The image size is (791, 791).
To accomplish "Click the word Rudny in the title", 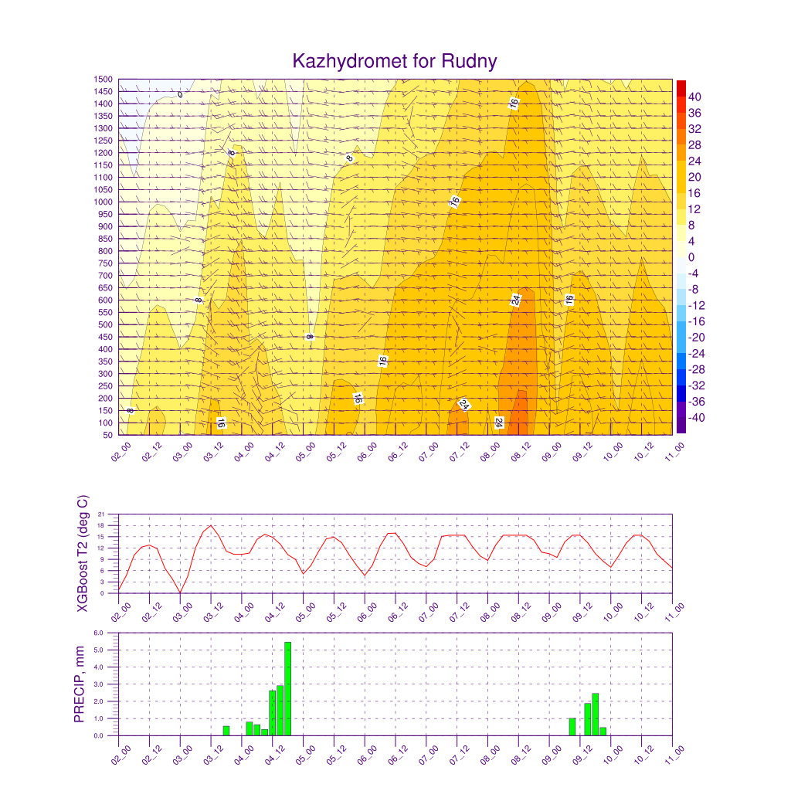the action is coord(469,62).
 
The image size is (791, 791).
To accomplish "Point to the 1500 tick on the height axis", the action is coord(103,80).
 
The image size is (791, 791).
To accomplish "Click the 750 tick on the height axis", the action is coord(105,263).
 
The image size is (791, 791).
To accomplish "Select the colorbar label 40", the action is coord(694,97).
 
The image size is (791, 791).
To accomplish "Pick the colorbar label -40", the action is coord(696,418).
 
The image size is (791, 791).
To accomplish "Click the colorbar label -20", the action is coord(696,338).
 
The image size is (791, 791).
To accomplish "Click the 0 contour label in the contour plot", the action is coord(180,95).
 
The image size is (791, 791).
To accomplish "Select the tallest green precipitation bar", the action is coord(287,688).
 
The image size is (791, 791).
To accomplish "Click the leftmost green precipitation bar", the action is coord(226,731).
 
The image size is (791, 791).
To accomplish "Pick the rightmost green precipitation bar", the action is coord(603,732).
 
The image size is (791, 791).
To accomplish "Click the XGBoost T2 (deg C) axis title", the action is coord(82,554).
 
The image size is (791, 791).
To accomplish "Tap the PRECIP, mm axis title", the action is coord(80,684).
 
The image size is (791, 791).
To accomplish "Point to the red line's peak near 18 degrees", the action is coord(211,525).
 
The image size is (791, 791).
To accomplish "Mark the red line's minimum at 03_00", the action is coord(180,592).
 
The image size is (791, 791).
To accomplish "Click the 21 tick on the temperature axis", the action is coord(101,514).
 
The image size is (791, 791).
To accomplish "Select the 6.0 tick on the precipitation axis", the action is coord(98,633).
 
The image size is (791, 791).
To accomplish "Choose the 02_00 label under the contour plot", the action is coord(121,451).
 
